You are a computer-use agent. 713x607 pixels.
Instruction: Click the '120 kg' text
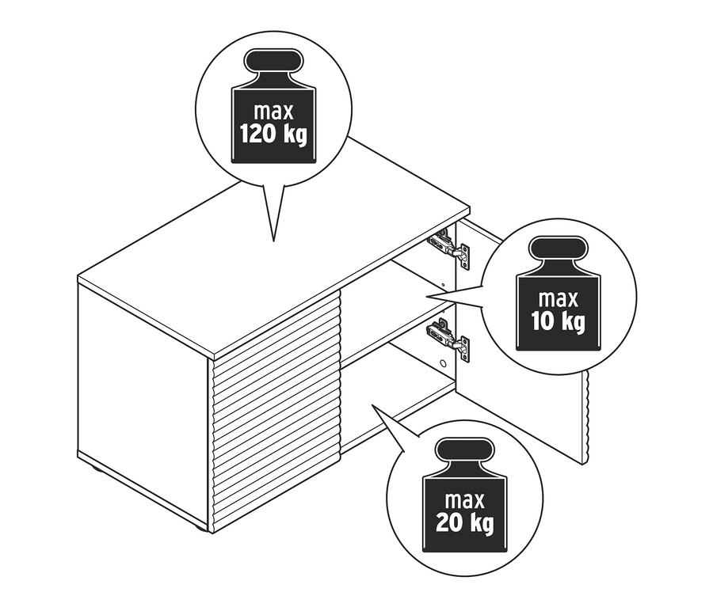coord(273,135)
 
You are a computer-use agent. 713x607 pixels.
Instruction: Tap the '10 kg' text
coord(558,321)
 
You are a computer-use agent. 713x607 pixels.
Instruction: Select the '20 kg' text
coord(464,522)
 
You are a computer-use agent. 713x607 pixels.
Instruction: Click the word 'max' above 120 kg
coord(273,112)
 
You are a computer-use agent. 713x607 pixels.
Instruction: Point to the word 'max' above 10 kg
coord(558,299)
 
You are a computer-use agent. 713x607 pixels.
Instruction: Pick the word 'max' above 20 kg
coord(465,500)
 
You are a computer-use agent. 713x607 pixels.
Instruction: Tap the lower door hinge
coord(448,340)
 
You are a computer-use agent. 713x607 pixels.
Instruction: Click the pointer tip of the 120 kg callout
coord(273,241)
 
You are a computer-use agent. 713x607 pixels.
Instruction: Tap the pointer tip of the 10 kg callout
coord(427,297)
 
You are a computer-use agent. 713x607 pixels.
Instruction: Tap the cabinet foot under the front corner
coord(200,528)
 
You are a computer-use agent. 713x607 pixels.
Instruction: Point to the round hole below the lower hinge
coord(443,364)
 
